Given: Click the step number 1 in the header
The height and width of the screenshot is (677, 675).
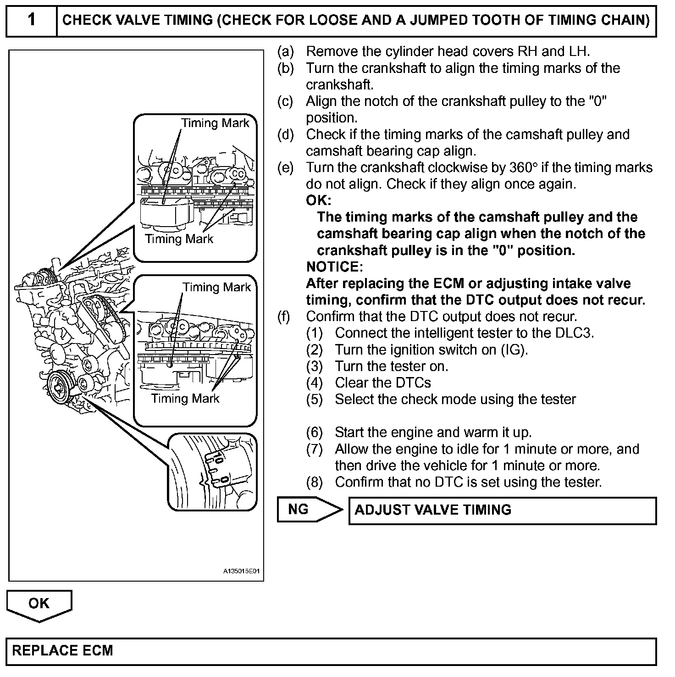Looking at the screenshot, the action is [31, 20].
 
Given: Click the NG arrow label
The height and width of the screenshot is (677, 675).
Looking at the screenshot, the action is [299, 510].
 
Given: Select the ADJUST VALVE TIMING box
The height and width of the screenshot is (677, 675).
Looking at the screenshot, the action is [503, 510].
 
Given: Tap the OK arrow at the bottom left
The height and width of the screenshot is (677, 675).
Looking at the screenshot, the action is [39, 604].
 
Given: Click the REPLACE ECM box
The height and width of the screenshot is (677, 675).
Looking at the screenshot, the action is [331, 651].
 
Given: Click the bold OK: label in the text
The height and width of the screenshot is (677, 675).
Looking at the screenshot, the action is [318, 200].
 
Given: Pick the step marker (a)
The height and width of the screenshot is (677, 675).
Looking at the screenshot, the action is [285, 51].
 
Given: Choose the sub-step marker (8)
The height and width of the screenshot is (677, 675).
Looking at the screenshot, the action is [315, 482].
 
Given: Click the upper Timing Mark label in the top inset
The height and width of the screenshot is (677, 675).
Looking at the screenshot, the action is [215, 123].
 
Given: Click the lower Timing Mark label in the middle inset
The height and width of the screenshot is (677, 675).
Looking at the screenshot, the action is [185, 398].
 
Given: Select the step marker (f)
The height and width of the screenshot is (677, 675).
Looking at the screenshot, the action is [284, 316].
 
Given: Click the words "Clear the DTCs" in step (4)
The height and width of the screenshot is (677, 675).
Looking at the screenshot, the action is [383, 383].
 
